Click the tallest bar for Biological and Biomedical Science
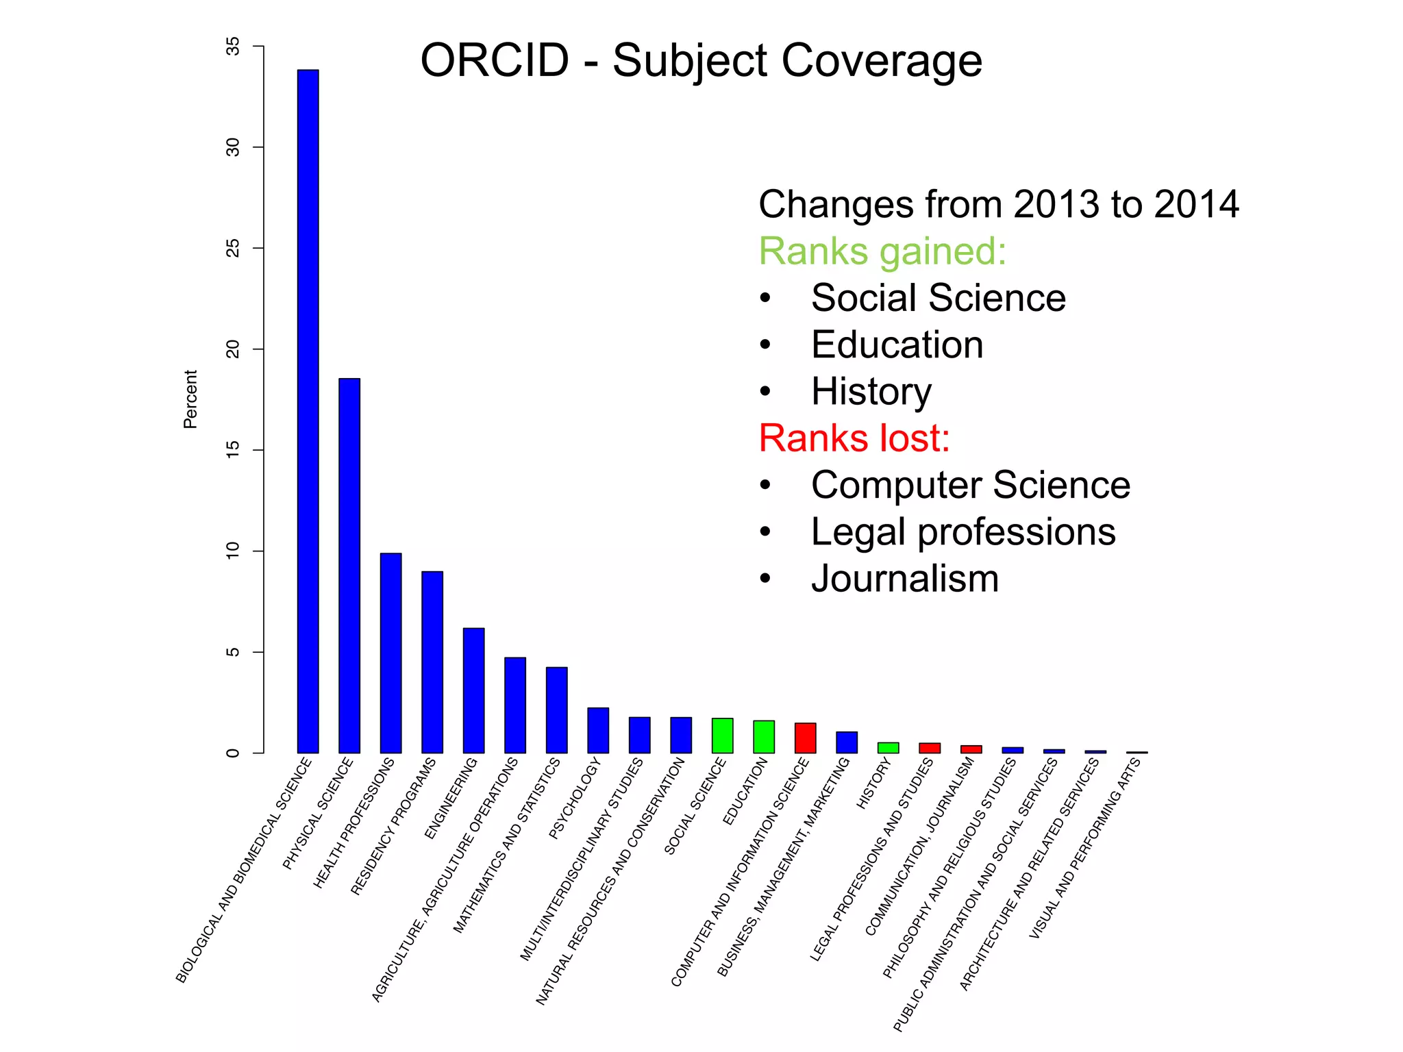coord(308,411)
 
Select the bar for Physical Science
coord(349,565)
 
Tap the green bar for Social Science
coord(722,736)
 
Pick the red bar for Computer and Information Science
coord(805,738)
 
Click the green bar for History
coord(888,748)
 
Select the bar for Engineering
coord(473,690)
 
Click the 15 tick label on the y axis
coord(233,450)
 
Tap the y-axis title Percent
coord(190,399)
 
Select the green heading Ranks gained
coord(882,251)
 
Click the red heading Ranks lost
coord(854,438)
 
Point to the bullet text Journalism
coord(904,579)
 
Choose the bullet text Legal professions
coord(963,532)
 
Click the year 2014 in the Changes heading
coord(1196,204)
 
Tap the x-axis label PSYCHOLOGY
coord(575,799)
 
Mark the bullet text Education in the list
coord(897,345)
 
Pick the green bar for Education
coord(764,737)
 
